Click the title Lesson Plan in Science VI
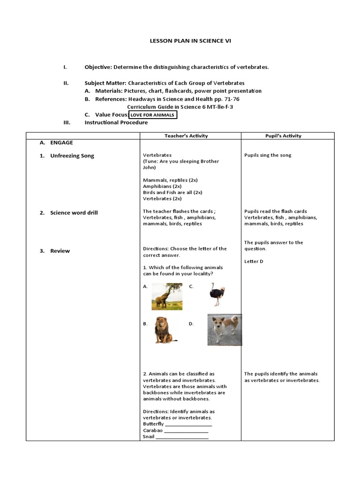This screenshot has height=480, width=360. [190, 41]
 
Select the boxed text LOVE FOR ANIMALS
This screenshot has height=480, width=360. [153, 115]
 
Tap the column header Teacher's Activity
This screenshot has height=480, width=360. [186, 136]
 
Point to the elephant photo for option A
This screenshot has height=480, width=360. [167, 296]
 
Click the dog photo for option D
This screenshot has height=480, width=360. [225, 330]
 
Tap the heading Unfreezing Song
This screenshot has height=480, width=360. [72, 156]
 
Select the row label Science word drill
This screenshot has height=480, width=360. [74, 213]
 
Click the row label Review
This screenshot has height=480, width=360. [60, 251]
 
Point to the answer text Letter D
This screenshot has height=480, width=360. [254, 262]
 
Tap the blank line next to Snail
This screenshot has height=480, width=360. [182, 437]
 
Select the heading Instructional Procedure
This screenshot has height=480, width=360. [116, 123]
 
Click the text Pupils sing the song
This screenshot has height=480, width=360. [268, 155]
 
